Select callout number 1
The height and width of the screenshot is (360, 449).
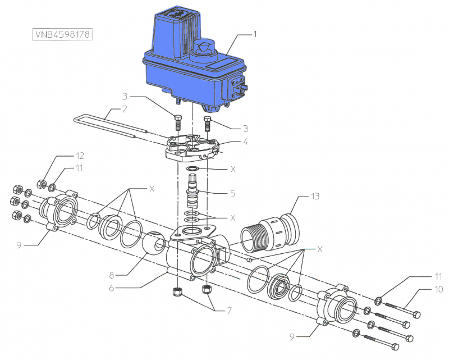tap(255, 34)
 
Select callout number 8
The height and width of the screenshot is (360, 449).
tap(112, 275)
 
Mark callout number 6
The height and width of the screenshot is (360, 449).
tap(112, 288)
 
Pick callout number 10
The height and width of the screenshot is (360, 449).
tap(438, 289)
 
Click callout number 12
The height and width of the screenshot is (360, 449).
tap(80, 156)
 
